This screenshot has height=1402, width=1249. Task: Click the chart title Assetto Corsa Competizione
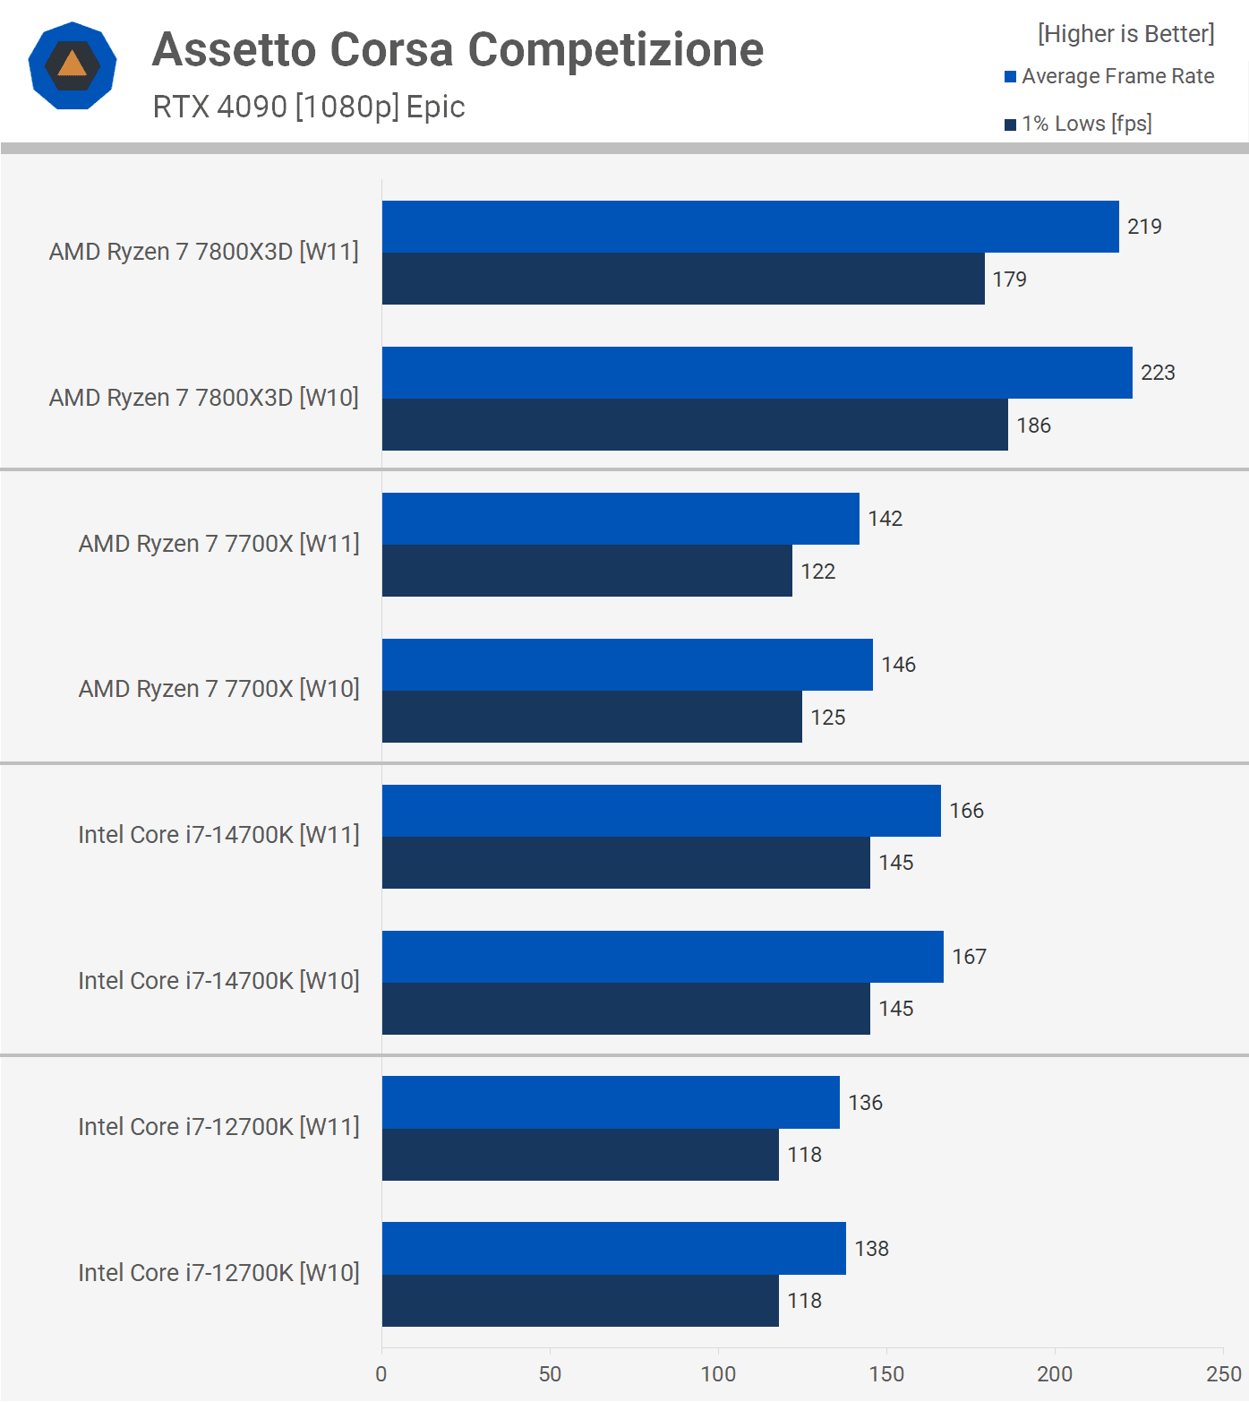click(x=458, y=49)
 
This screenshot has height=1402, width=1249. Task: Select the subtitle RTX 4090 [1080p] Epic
click(x=309, y=107)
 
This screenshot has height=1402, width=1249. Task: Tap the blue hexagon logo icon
click(x=73, y=65)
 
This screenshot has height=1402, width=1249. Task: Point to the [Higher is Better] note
click(x=1125, y=34)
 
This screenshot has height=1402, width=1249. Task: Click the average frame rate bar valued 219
click(x=750, y=227)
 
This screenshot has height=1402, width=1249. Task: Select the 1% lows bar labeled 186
click(x=695, y=425)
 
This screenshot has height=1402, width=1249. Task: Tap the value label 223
click(x=1157, y=373)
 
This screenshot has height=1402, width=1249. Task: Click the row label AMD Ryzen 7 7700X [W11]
click(x=218, y=544)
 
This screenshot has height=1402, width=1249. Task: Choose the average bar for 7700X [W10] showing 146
click(x=627, y=665)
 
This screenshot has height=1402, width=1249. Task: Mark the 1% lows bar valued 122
click(x=586, y=571)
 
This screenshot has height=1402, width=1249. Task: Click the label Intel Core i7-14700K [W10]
click(x=218, y=981)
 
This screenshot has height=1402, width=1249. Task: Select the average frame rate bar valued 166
click(x=661, y=811)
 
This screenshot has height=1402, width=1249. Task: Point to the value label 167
click(x=969, y=957)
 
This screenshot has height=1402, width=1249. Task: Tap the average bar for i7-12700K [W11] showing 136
click(x=611, y=1103)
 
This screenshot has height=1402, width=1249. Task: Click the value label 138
click(x=871, y=1249)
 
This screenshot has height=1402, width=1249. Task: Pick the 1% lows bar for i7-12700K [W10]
click(x=580, y=1301)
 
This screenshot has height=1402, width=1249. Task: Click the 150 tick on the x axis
click(x=886, y=1374)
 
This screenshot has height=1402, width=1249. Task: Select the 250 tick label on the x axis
click(x=1223, y=1374)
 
